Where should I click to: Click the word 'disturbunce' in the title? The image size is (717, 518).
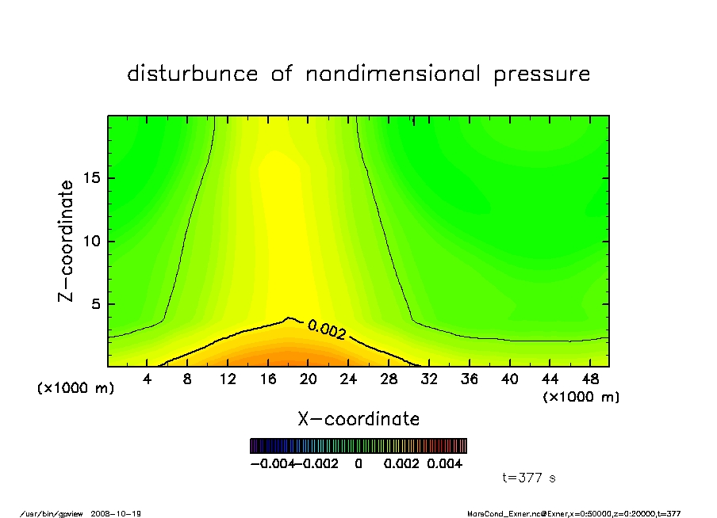click(193, 74)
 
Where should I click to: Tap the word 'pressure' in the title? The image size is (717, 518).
click(543, 74)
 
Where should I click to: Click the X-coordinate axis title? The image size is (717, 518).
click(358, 419)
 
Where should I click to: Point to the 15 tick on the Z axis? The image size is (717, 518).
click(93, 178)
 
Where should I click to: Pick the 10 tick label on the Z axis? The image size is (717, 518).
click(93, 242)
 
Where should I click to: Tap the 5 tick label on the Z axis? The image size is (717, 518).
click(96, 304)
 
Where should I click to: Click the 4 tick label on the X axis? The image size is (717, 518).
click(148, 379)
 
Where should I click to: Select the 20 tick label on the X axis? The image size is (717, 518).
click(309, 379)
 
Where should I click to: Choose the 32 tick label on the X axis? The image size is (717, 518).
click(429, 379)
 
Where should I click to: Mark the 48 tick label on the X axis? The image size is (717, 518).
click(590, 379)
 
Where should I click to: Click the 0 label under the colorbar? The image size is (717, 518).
click(358, 463)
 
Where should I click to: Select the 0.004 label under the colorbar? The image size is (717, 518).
click(445, 463)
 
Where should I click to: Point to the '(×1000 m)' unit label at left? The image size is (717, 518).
click(76, 388)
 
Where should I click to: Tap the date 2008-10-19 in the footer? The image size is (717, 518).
click(121, 513)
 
